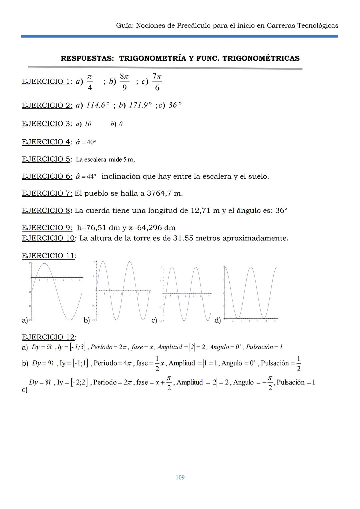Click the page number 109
coord(180,477)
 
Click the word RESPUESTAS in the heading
coord(87,58)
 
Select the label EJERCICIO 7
coord(47,193)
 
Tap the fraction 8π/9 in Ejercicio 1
coord(124,82)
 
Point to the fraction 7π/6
coord(157,82)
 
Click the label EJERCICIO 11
coord(48,256)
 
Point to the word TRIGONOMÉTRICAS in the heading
coord(261,58)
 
